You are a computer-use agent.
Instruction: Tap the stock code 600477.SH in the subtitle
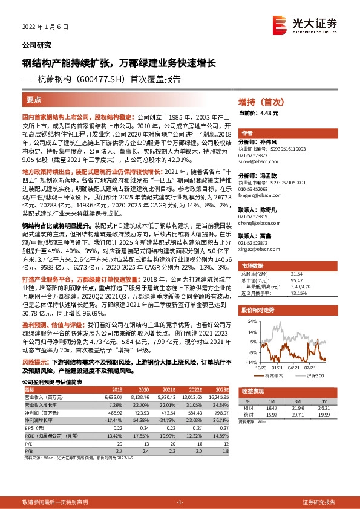coord(112,78)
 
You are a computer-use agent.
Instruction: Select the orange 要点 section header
coord(34,99)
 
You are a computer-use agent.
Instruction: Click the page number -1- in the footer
coord(179,502)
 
